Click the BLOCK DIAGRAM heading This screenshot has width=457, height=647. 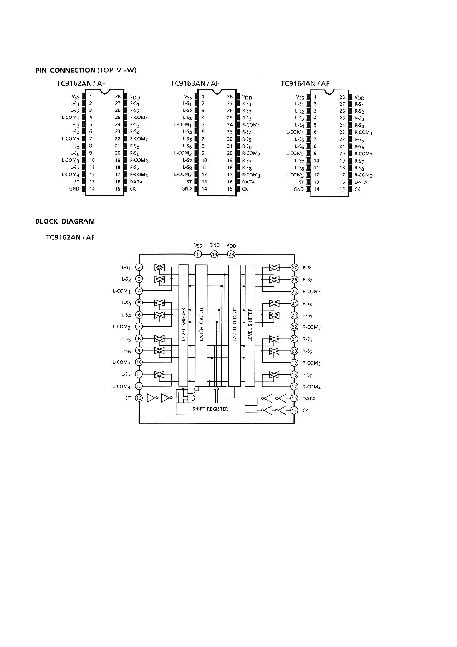(65, 221)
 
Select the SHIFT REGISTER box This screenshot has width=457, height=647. (210, 409)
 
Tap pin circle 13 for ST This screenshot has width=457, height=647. (139, 398)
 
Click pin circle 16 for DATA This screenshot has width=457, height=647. (294, 398)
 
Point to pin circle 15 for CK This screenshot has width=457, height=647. (294, 410)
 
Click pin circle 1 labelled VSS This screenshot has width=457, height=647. (198, 254)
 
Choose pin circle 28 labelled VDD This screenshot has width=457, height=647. (231, 254)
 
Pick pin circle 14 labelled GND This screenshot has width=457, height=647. (214, 254)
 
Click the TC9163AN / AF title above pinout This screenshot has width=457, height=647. (195, 83)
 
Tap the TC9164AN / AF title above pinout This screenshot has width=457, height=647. (305, 84)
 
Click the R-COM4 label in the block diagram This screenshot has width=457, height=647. (311, 387)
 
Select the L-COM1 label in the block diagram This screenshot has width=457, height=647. (122, 291)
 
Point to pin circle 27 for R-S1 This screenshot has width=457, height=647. (294, 268)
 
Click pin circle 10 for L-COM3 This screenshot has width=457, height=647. (139, 362)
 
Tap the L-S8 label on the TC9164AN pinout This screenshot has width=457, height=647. (300, 168)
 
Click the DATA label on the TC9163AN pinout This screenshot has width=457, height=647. (248, 182)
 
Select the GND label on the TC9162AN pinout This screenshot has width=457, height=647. (74, 189)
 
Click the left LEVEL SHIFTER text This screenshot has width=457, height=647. (184, 325)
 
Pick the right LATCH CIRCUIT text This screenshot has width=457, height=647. (235, 325)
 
